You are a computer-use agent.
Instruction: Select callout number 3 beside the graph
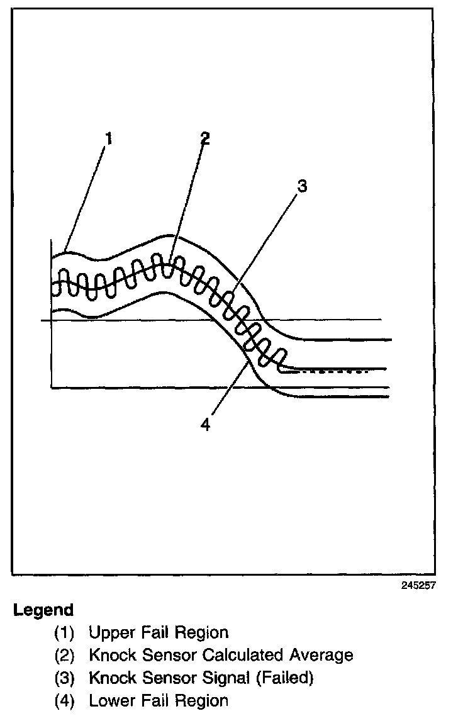click(302, 186)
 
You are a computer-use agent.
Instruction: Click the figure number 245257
click(418, 585)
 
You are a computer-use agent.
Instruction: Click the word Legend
click(43, 610)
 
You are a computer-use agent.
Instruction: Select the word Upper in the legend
click(111, 632)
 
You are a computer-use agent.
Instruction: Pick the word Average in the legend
click(321, 655)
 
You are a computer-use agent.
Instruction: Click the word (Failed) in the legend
click(281, 678)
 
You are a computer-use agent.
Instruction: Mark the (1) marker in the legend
click(64, 632)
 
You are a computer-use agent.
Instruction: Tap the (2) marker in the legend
click(64, 655)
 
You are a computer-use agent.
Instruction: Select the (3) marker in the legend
click(64, 678)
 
